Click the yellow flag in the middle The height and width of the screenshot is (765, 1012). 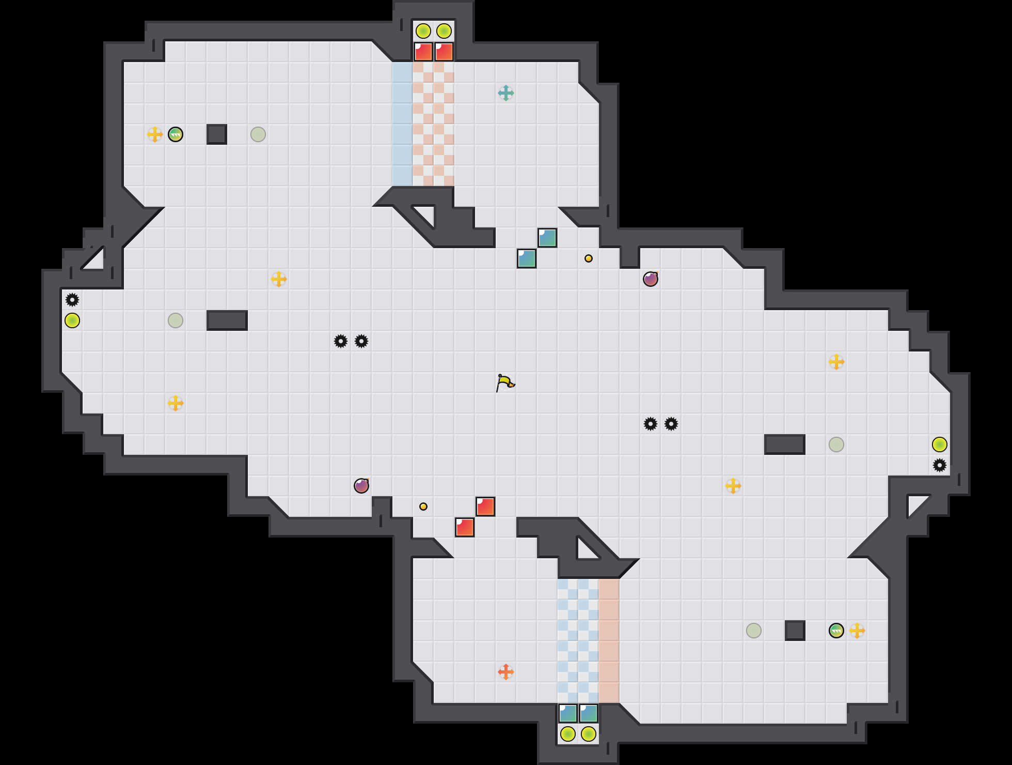(505, 383)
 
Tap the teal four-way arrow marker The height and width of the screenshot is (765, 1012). (506, 93)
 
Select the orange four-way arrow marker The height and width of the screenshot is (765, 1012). (506, 672)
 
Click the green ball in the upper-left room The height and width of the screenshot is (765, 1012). (176, 134)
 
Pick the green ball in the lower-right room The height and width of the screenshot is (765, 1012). (836, 631)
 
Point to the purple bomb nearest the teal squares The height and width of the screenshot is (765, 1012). (651, 279)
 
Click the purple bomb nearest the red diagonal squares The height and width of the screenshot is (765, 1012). (361, 486)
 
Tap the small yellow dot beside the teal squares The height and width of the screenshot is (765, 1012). (589, 258)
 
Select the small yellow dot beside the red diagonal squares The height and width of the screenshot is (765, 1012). (423, 507)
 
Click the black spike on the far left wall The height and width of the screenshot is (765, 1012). (72, 300)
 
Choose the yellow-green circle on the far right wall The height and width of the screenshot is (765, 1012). (940, 445)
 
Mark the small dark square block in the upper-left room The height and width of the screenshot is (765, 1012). (217, 134)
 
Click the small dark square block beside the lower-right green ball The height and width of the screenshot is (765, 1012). (795, 631)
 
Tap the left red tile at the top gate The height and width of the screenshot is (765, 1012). (423, 52)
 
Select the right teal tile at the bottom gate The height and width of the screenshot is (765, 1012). (589, 713)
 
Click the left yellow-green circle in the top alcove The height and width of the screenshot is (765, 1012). (423, 31)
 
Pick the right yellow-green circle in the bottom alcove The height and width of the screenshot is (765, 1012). (589, 734)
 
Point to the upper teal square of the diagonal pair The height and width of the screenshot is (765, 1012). (547, 238)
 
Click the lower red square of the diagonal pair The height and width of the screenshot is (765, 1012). (465, 527)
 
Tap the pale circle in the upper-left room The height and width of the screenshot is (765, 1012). (258, 134)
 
